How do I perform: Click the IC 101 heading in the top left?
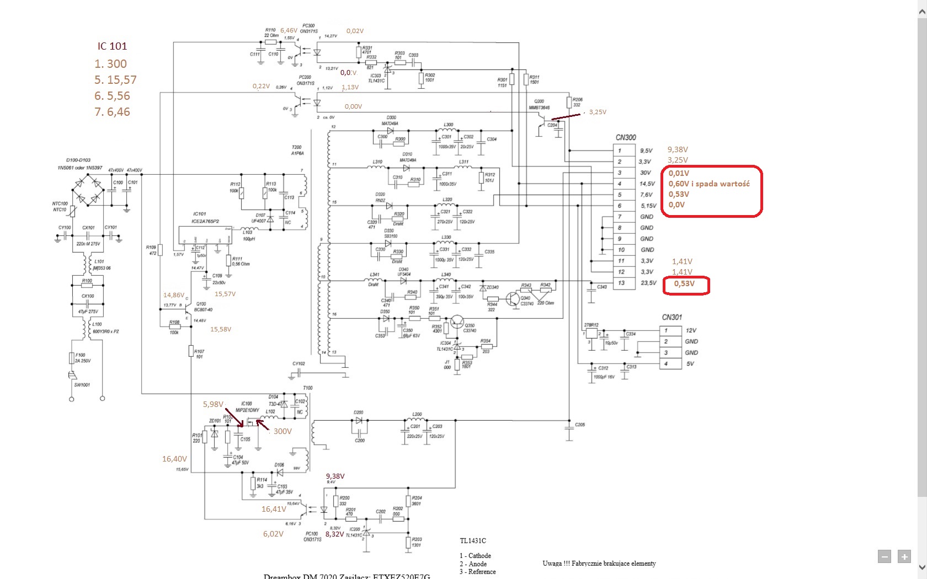click(x=112, y=46)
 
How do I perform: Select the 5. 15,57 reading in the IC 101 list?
click(x=115, y=80)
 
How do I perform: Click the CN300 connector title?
click(x=626, y=138)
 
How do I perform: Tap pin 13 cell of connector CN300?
click(x=621, y=283)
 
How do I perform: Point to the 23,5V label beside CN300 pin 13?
click(x=648, y=283)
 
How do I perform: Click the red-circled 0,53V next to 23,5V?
click(x=684, y=284)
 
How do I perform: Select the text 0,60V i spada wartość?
click(x=709, y=184)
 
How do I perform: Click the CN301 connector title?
click(x=672, y=318)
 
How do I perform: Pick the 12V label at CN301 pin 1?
click(x=691, y=330)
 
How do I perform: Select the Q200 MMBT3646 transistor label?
click(x=539, y=105)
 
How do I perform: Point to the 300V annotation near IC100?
click(x=283, y=432)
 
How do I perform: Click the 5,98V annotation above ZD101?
click(x=213, y=405)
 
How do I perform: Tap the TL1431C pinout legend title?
click(x=473, y=541)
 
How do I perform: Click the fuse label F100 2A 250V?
click(x=82, y=358)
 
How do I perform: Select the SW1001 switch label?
click(x=82, y=385)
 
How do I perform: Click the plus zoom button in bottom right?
click(x=904, y=557)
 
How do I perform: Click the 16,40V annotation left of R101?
click(x=174, y=459)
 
